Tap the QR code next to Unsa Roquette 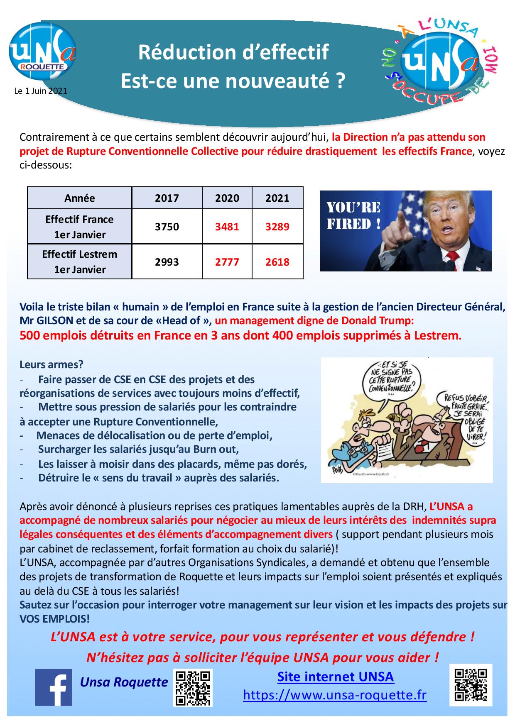pyautogui.click(x=192, y=687)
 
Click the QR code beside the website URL pyautogui.click(x=470, y=684)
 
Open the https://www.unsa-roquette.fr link pyautogui.click(x=335, y=695)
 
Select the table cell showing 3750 pyautogui.click(x=167, y=227)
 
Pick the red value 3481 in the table pyautogui.click(x=227, y=227)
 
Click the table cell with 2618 pyautogui.click(x=277, y=262)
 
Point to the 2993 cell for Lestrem pyautogui.click(x=167, y=262)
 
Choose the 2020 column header pyautogui.click(x=227, y=198)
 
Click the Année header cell pyautogui.click(x=79, y=198)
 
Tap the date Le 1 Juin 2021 pyautogui.click(x=41, y=91)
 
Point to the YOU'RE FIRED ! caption pyautogui.click(x=354, y=216)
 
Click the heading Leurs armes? pyautogui.click(x=51, y=364)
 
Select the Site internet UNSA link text pyautogui.click(x=335, y=677)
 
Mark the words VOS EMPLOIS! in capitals pyautogui.click(x=54, y=619)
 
